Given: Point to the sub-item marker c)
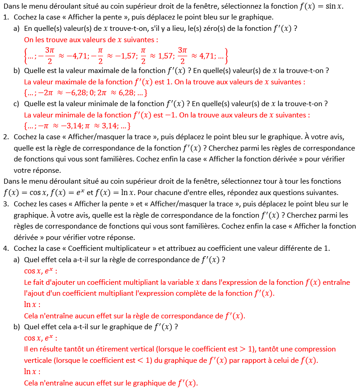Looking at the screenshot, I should tap(16, 104).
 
